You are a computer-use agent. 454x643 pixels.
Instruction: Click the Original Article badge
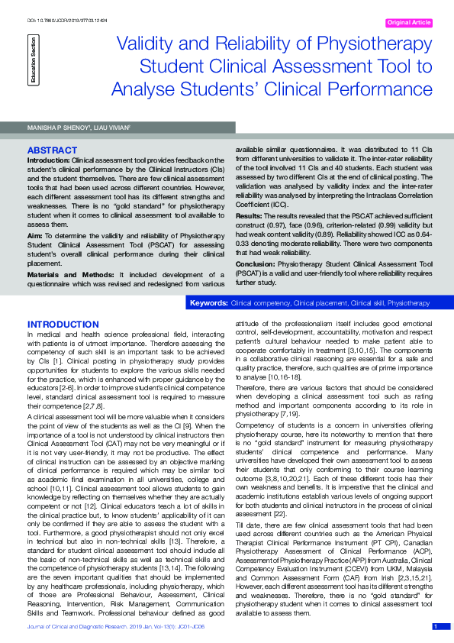click(409, 23)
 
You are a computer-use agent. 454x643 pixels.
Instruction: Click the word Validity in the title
click(145, 45)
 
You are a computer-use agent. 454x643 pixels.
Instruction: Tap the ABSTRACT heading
click(52, 150)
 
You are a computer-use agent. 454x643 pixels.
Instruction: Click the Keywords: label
click(208, 303)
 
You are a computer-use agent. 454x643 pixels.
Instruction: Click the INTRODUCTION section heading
click(63, 325)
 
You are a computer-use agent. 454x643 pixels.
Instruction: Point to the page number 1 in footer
click(436, 626)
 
